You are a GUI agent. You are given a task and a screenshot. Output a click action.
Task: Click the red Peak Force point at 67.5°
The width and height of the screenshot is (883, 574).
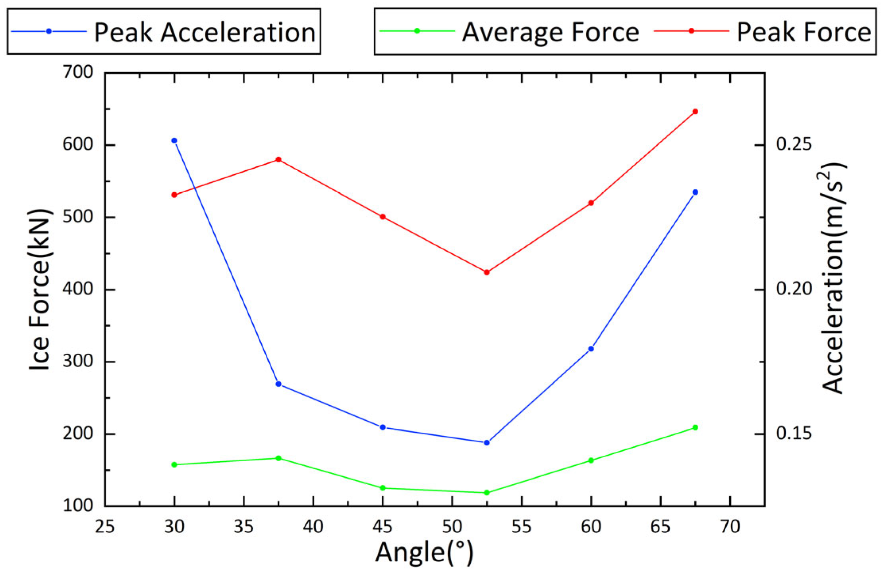pos(695,112)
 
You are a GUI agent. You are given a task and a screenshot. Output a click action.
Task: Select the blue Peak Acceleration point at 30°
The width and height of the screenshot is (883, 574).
pos(174,141)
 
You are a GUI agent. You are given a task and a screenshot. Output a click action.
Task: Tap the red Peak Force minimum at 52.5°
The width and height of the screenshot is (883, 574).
pos(487,272)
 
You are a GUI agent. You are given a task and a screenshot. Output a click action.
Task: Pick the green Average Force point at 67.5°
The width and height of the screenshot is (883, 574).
pos(695,428)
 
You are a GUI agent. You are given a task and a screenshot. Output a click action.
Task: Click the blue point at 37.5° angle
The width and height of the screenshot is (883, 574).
pos(278,384)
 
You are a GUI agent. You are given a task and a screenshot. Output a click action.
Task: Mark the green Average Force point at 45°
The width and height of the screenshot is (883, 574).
pos(383,488)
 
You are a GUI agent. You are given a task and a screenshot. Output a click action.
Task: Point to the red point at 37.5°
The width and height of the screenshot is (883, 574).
pos(278,160)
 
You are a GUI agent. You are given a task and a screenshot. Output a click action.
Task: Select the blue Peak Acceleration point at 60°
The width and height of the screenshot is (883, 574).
pos(591,349)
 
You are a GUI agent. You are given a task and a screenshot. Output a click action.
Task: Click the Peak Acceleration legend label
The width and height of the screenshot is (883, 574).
pos(205,32)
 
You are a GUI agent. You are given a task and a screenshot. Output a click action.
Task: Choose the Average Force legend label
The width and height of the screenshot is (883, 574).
pos(550,32)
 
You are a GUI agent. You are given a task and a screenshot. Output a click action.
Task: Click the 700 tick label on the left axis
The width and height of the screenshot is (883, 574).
pos(78,73)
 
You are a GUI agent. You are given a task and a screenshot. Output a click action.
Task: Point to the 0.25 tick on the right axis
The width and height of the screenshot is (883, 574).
pos(794,145)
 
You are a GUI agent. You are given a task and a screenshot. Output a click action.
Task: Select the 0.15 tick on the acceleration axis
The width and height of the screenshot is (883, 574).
pos(794,434)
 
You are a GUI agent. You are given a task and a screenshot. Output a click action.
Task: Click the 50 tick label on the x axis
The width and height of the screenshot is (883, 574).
pos(452,527)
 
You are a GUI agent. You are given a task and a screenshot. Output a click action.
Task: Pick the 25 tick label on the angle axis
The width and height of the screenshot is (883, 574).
pos(105,527)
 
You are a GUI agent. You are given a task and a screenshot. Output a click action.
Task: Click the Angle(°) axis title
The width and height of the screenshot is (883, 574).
pos(424,553)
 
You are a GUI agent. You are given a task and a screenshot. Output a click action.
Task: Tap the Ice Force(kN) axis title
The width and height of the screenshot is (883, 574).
pos(40,289)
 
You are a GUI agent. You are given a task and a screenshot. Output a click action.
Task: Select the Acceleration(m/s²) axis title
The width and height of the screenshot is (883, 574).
pos(833,278)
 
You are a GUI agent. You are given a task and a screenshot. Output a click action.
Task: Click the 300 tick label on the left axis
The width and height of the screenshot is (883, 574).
pos(78,362)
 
